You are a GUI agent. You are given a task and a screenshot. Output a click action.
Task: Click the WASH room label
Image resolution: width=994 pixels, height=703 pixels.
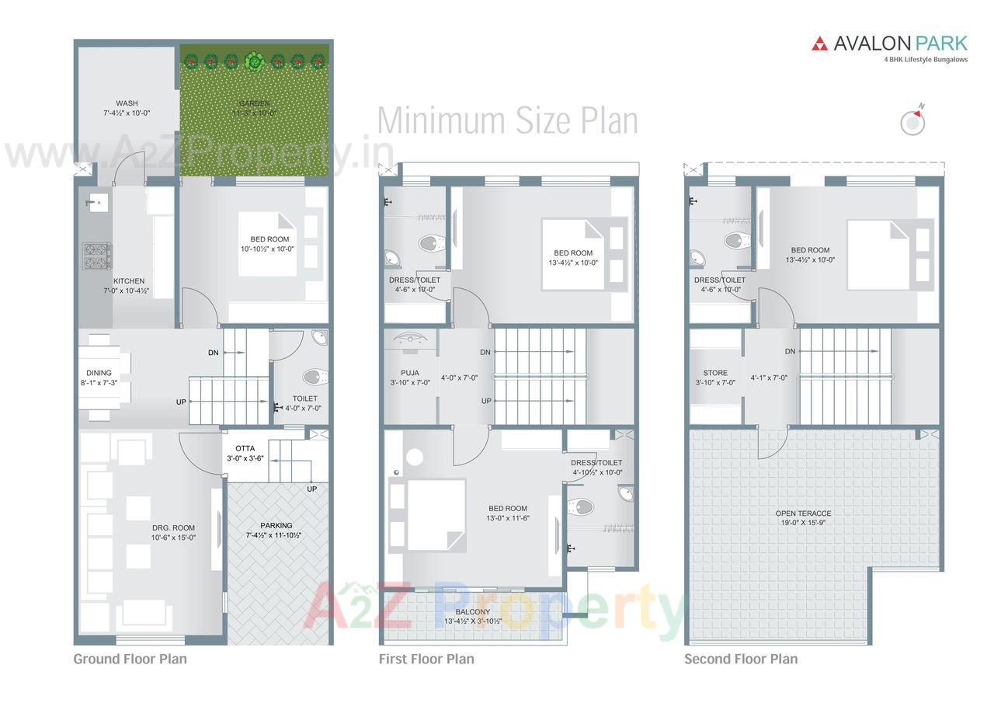point(127,103)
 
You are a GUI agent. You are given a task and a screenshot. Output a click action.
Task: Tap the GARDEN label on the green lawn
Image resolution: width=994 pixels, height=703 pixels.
point(254,103)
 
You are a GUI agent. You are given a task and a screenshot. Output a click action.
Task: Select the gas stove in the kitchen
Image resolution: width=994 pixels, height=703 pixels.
point(97,256)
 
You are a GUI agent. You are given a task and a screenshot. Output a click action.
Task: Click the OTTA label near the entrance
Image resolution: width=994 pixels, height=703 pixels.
point(245,448)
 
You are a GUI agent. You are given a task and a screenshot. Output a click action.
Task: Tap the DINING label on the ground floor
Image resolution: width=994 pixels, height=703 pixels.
point(99,373)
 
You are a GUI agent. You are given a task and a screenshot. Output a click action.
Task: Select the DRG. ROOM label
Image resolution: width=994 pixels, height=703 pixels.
point(173,528)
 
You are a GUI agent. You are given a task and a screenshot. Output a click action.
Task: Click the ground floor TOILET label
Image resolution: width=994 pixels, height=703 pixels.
point(304,398)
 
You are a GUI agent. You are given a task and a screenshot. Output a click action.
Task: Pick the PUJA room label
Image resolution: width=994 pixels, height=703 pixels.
point(410,373)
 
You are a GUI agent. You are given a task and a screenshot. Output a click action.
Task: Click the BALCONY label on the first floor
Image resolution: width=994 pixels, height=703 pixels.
point(472,612)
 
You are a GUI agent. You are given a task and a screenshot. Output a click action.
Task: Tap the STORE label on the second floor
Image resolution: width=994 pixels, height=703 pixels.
point(715,373)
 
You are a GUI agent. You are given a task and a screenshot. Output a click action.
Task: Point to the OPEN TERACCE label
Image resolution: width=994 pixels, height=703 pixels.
point(803,513)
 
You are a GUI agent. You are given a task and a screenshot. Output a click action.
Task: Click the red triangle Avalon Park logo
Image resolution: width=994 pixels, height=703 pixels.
point(819,44)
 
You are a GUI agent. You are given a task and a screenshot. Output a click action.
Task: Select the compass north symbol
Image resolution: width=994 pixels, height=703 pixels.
point(912,121)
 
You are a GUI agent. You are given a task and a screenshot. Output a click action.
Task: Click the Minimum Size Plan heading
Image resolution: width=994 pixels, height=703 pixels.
point(507,121)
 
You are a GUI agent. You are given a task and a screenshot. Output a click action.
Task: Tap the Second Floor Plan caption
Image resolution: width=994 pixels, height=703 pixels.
point(740,659)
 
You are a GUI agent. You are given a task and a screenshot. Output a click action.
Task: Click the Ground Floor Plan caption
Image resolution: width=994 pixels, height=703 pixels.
point(130,659)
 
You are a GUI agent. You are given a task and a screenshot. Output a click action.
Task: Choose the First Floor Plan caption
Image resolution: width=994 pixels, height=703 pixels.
point(426,659)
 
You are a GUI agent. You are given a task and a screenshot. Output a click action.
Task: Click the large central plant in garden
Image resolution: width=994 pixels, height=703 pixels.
point(253,60)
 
